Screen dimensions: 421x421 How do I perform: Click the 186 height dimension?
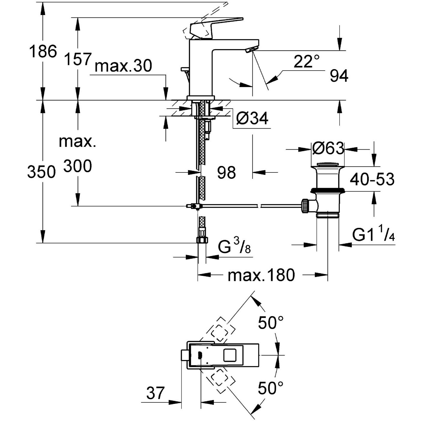(43, 51)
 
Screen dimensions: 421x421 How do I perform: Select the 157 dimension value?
(78, 59)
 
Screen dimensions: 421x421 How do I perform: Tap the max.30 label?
(123, 66)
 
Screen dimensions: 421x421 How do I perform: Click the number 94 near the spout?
(339, 76)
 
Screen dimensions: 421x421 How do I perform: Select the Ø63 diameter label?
(328, 148)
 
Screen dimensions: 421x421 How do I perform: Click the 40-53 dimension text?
(372, 179)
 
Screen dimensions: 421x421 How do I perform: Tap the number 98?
(226, 172)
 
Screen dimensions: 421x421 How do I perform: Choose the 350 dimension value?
(41, 172)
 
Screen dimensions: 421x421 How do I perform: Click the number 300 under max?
(77, 166)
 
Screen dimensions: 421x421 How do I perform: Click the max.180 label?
(261, 275)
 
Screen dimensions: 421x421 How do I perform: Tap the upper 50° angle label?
(270, 323)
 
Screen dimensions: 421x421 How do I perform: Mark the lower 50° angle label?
(270, 388)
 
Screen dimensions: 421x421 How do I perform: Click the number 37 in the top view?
(156, 393)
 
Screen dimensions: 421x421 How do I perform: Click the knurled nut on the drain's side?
(305, 206)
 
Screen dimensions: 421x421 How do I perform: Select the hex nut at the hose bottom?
(202, 240)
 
